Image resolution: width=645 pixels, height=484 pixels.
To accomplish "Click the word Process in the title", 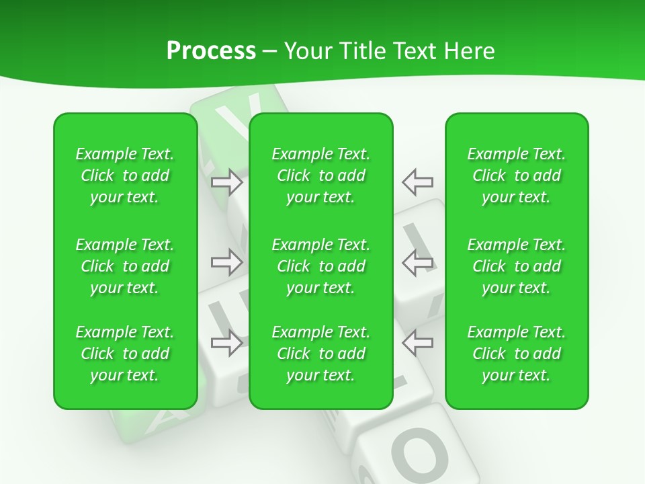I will (x=211, y=51).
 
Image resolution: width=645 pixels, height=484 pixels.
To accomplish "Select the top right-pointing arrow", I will (x=227, y=182).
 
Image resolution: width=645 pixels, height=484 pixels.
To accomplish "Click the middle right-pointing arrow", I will (x=227, y=261).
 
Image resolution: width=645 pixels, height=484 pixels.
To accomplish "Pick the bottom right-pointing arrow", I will (x=227, y=343).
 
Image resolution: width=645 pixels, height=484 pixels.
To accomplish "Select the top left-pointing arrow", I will (x=417, y=182).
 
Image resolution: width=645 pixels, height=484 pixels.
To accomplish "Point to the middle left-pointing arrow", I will (x=417, y=261).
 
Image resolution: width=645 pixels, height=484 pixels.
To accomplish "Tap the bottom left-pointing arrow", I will (x=417, y=343).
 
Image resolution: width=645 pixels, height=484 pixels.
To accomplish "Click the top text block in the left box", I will (x=125, y=175).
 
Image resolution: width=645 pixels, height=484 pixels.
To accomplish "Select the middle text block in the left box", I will (x=125, y=266).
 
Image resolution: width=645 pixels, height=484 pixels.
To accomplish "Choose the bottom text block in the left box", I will (x=125, y=354).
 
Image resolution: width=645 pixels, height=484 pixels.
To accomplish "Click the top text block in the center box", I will (x=320, y=175).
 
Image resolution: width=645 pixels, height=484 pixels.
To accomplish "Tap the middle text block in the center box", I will (x=320, y=266).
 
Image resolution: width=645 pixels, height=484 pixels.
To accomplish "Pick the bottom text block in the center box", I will (x=320, y=354).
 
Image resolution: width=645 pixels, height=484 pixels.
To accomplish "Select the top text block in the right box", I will (x=516, y=175).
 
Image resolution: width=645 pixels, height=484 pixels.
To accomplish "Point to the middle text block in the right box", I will (x=516, y=266).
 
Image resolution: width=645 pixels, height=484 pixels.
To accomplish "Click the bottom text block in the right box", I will (x=516, y=354).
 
